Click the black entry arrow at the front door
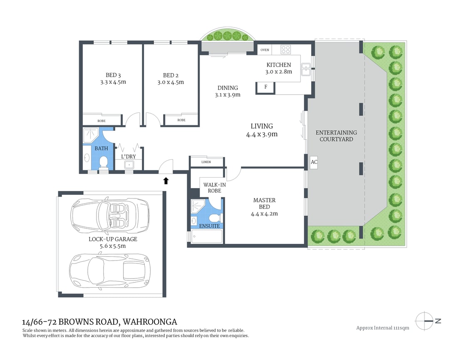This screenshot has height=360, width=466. [x=166, y=180]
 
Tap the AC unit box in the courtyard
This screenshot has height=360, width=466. [x=314, y=163]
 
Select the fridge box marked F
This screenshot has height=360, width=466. [x=265, y=87]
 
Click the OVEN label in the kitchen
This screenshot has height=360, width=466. [x=265, y=50]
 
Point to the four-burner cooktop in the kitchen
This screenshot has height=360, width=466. [x=285, y=50]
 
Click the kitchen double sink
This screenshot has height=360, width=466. [x=306, y=69]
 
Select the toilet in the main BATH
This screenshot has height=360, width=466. [x=104, y=161]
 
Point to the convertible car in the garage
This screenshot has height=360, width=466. [x=110, y=216]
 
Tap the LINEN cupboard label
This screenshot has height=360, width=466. [x=206, y=162]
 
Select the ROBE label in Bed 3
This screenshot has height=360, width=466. [x=102, y=121]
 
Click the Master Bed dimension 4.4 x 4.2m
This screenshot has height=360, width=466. [x=264, y=214]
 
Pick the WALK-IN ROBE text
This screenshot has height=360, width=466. [x=212, y=187]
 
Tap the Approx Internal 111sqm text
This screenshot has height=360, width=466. [x=382, y=328]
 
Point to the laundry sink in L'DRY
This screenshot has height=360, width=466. [x=129, y=165]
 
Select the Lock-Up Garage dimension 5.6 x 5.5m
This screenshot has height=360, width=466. [x=113, y=246]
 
